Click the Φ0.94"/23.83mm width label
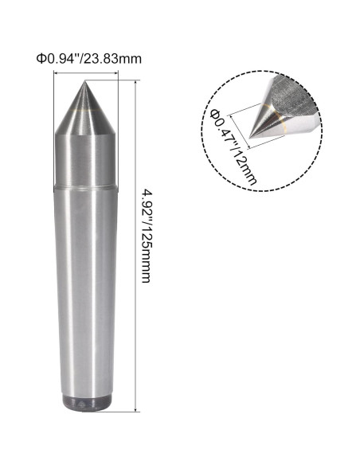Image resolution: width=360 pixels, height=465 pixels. coord(85,58)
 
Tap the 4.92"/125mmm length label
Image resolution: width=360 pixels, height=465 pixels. coord(148,239)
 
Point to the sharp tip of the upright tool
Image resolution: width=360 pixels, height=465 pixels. coord(85,81)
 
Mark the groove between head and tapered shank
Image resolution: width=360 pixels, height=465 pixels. coord(85,188)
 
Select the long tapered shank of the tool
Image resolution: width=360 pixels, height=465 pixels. coord(85,295)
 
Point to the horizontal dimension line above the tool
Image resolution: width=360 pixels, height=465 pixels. coord(85,74)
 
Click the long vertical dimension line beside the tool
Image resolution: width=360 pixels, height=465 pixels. coord(138,239)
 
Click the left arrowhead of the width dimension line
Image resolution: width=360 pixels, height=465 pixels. coord(55,74)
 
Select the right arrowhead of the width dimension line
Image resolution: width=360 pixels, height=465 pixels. coord(116,74)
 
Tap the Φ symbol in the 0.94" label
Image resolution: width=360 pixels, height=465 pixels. coord(40,58)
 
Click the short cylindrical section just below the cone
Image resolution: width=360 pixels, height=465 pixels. coord(85,159)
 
